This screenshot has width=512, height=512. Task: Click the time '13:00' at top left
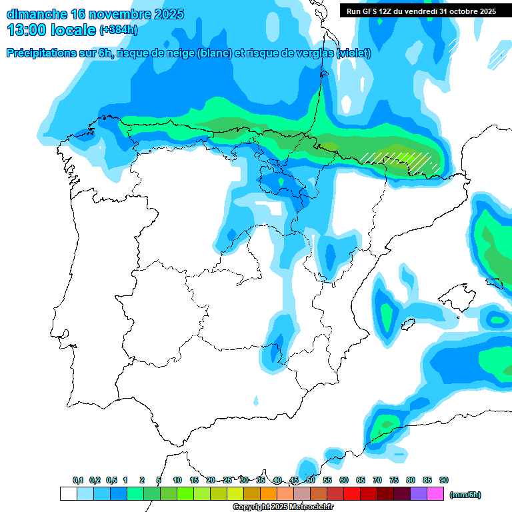pos(27,30)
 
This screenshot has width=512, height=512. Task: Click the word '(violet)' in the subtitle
pos(354,53)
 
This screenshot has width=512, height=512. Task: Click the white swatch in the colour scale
pos(68,494)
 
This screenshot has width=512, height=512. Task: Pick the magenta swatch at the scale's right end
pos(435,494)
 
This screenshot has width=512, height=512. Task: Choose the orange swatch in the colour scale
pos(269,494)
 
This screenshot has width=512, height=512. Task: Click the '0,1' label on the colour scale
pos(78,480)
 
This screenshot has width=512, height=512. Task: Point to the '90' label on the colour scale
pos(444,480)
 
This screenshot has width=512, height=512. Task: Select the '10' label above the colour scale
pos(177,480)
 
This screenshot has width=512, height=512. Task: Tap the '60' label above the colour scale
pos(344,480)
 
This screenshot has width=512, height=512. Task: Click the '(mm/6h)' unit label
pos(465,495)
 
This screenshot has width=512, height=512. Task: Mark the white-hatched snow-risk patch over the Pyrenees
pos(400,161)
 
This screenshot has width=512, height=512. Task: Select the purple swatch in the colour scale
pos(419,494)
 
